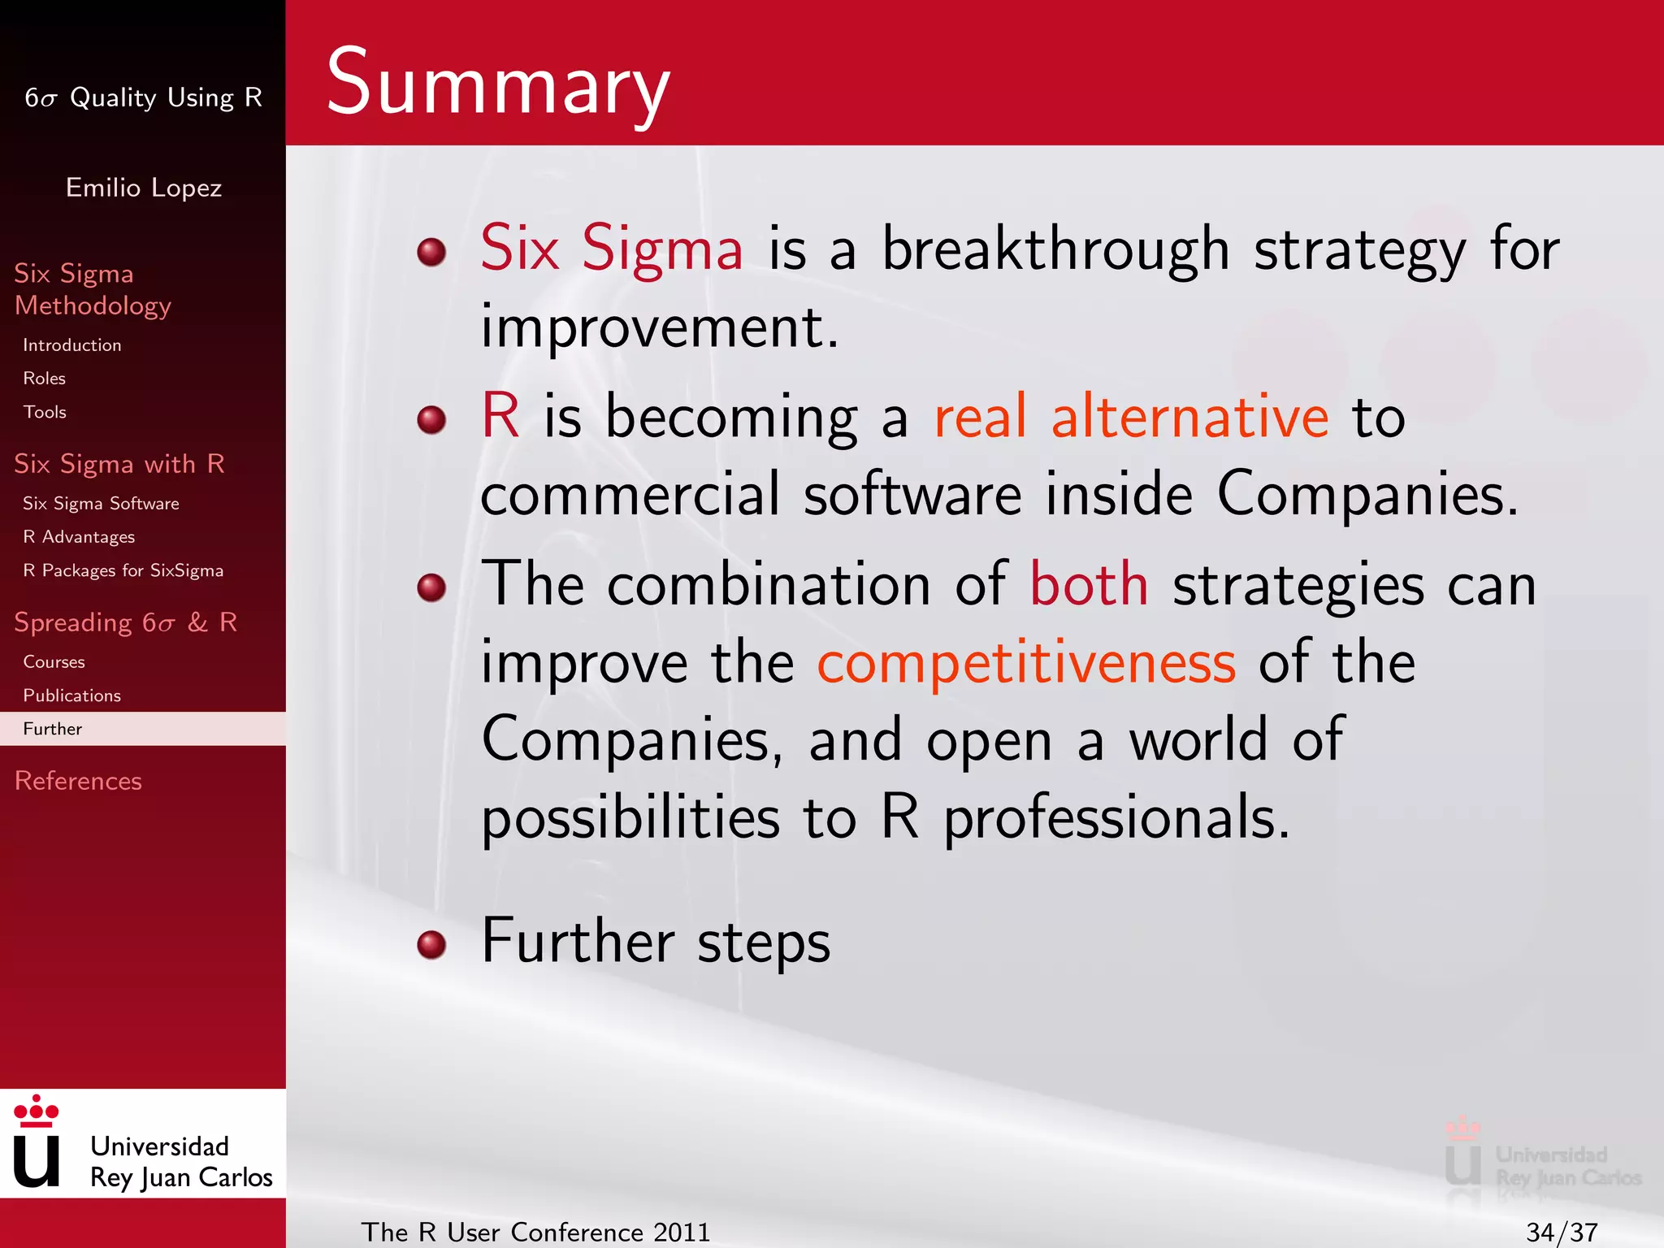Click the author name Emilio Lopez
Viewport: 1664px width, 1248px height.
coord(143,188)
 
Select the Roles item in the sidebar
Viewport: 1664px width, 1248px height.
coord(45,379)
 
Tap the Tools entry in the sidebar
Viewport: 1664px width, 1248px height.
coord(45,412)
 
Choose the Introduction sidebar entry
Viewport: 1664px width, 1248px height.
coord(72,345)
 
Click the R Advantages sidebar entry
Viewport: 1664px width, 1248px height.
coord(79,537)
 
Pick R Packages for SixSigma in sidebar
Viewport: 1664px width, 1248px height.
coord(123,570)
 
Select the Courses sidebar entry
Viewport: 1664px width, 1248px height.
coord(54,662)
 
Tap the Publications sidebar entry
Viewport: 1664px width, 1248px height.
coord(71,695)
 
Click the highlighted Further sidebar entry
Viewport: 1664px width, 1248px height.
coord(53,729)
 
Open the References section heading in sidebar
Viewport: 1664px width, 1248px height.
coord(78,781)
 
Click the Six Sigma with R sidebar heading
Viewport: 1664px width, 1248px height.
coord(119,464)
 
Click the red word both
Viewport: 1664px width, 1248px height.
coord(1089,584)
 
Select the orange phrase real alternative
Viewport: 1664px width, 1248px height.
coord(1131,417)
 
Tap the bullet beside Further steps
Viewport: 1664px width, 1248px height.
coord(431,944)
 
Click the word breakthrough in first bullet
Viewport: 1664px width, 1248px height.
coord(1055,249)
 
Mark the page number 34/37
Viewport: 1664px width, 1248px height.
coord(1562,1232)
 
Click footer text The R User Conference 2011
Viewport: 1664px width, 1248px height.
coord(535,1232)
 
